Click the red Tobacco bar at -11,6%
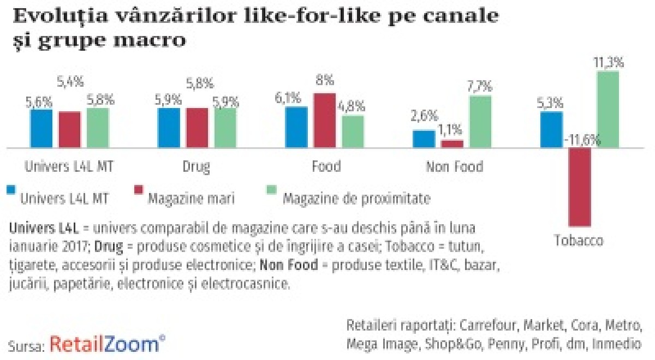pyautogui.click(x=580, y=187)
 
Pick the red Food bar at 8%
pyautogui.click(x=325, y=120)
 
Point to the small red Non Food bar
pyautogui.click(x=452, y=143)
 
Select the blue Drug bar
pyautogui.click(x=169, y=128)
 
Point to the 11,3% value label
pyautogui.click(x=609, y=63)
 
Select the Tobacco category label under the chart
pyautogui.click(x=579, y=241)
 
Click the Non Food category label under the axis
pyautogui.click(x=454, y=166)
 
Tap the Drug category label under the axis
pyautogui.click(x=196, y=166)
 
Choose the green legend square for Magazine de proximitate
pyautogui.click(x=271, y=190)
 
